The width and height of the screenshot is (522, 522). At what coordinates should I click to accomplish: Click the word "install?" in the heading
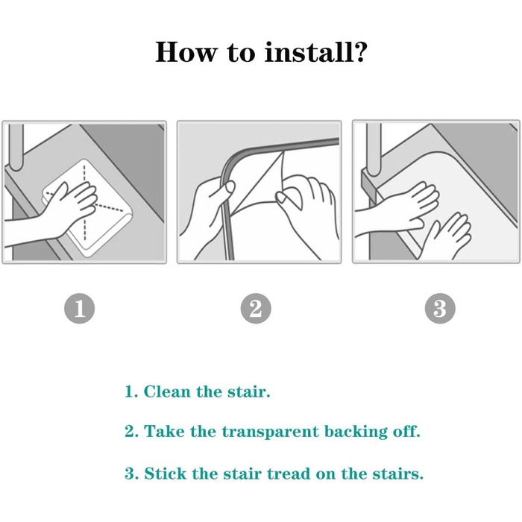[315, 52]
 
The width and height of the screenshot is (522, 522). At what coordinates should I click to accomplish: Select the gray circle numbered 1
[79, 308]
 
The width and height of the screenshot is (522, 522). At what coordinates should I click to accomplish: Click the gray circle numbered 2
[256, 308]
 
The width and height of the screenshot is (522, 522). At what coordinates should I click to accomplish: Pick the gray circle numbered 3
[440, 308]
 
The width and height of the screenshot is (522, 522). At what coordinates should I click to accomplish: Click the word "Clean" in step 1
[167, 391]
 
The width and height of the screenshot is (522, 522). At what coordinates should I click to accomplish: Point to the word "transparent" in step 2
[270, 432]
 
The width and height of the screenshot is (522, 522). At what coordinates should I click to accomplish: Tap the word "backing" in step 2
[356, 432]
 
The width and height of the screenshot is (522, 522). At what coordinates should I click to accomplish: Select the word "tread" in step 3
[289, 474]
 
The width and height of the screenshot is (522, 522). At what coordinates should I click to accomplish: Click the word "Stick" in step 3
[165, 474]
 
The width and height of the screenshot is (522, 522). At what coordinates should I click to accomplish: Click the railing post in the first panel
[16, 146]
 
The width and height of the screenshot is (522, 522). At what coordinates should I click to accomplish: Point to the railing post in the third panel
[374, 149]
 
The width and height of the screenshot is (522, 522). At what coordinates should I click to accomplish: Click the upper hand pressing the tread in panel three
[400, 207]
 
